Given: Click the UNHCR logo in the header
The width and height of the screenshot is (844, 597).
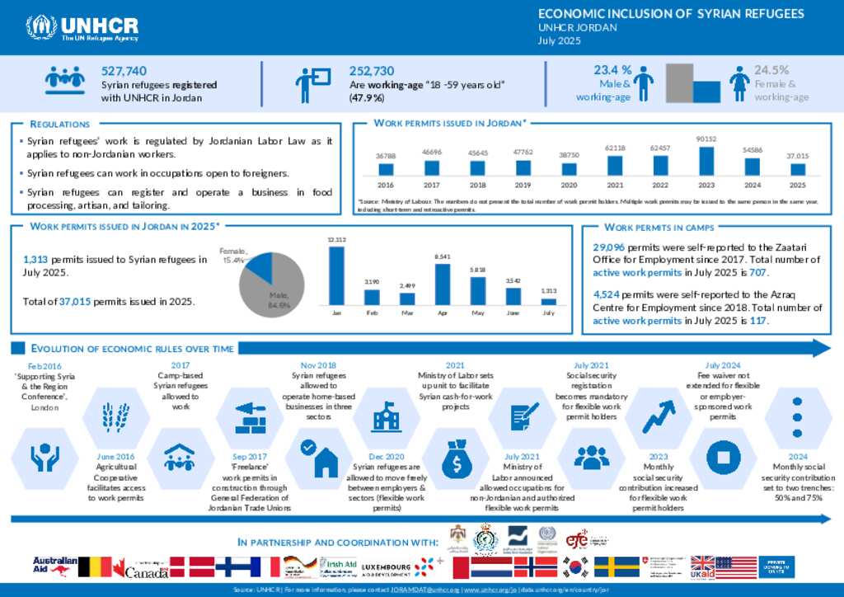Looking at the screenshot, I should click(82, 28).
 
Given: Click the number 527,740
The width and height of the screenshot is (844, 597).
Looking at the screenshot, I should click(124, 71).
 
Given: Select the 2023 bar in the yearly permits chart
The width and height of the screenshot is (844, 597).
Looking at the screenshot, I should click(706, 160).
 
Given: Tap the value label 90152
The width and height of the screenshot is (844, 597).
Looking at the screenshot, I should click(706, 139).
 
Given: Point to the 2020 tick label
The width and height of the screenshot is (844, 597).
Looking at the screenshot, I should click(569, 185).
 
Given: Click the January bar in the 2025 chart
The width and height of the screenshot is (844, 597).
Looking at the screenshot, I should click(335, 275).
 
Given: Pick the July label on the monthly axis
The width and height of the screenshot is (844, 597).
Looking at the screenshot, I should click(548, 313).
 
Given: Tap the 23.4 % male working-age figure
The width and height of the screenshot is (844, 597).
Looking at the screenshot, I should click(612, 70).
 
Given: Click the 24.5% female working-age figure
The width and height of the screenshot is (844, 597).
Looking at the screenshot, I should click(771, 70).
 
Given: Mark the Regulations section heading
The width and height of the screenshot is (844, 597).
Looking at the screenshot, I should click(60, 124).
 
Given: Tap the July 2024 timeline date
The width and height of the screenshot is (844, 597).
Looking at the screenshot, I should click(722, 365).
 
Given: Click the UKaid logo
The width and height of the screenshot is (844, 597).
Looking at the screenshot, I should click(702, 566).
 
